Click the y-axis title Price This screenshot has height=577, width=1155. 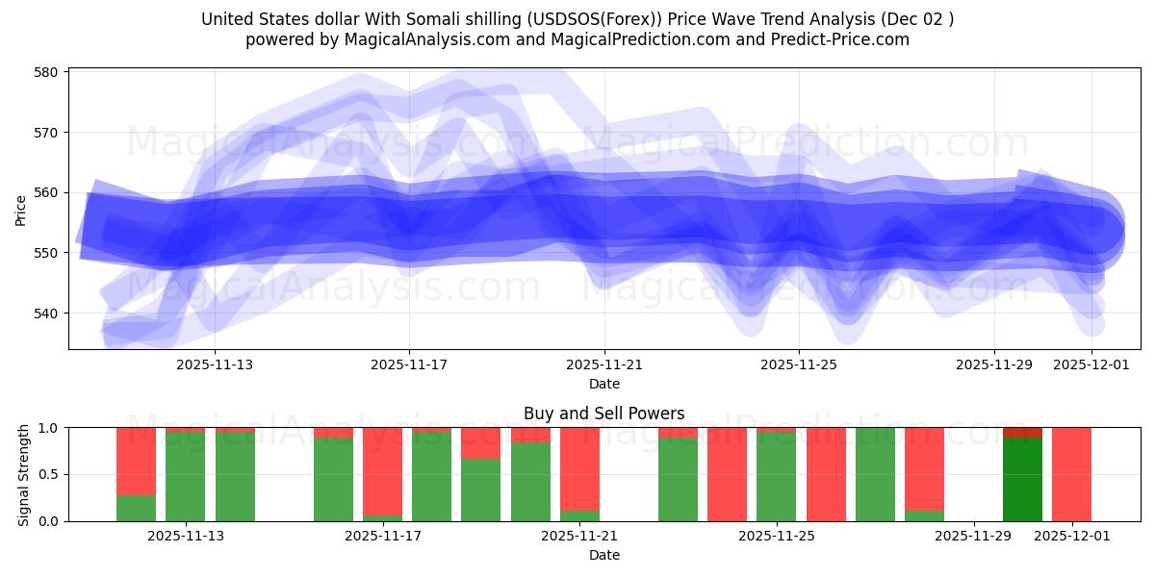pyautogui.click(x=21, y=210)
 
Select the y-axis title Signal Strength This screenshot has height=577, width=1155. pyautogui.click(x=25, y=474)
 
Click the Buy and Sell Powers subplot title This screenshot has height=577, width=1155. pyautogui.click(x=603, y=414)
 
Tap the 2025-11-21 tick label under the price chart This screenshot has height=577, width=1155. pyautogui.click(x=603, y=364)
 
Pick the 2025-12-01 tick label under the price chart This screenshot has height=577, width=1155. pyautogui.click(x=1091, y=364)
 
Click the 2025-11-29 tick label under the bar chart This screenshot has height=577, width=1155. pyautogui.click(x=973, y=536)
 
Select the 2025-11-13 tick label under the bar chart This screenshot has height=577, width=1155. pyautogui.click(x=186, y=536)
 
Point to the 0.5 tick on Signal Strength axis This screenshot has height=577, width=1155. pyautogui.click(x=48, y=474)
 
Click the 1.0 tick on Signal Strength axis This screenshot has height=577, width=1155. pyautogui.click(x=48, y=428)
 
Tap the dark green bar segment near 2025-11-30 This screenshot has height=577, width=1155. pyautogui.click(x=1022, y=479)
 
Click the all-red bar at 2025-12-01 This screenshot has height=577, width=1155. pyautogui.click(x=1071, y=474)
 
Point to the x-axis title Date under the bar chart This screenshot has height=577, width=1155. pyautogui.click(x=603, y=555)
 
